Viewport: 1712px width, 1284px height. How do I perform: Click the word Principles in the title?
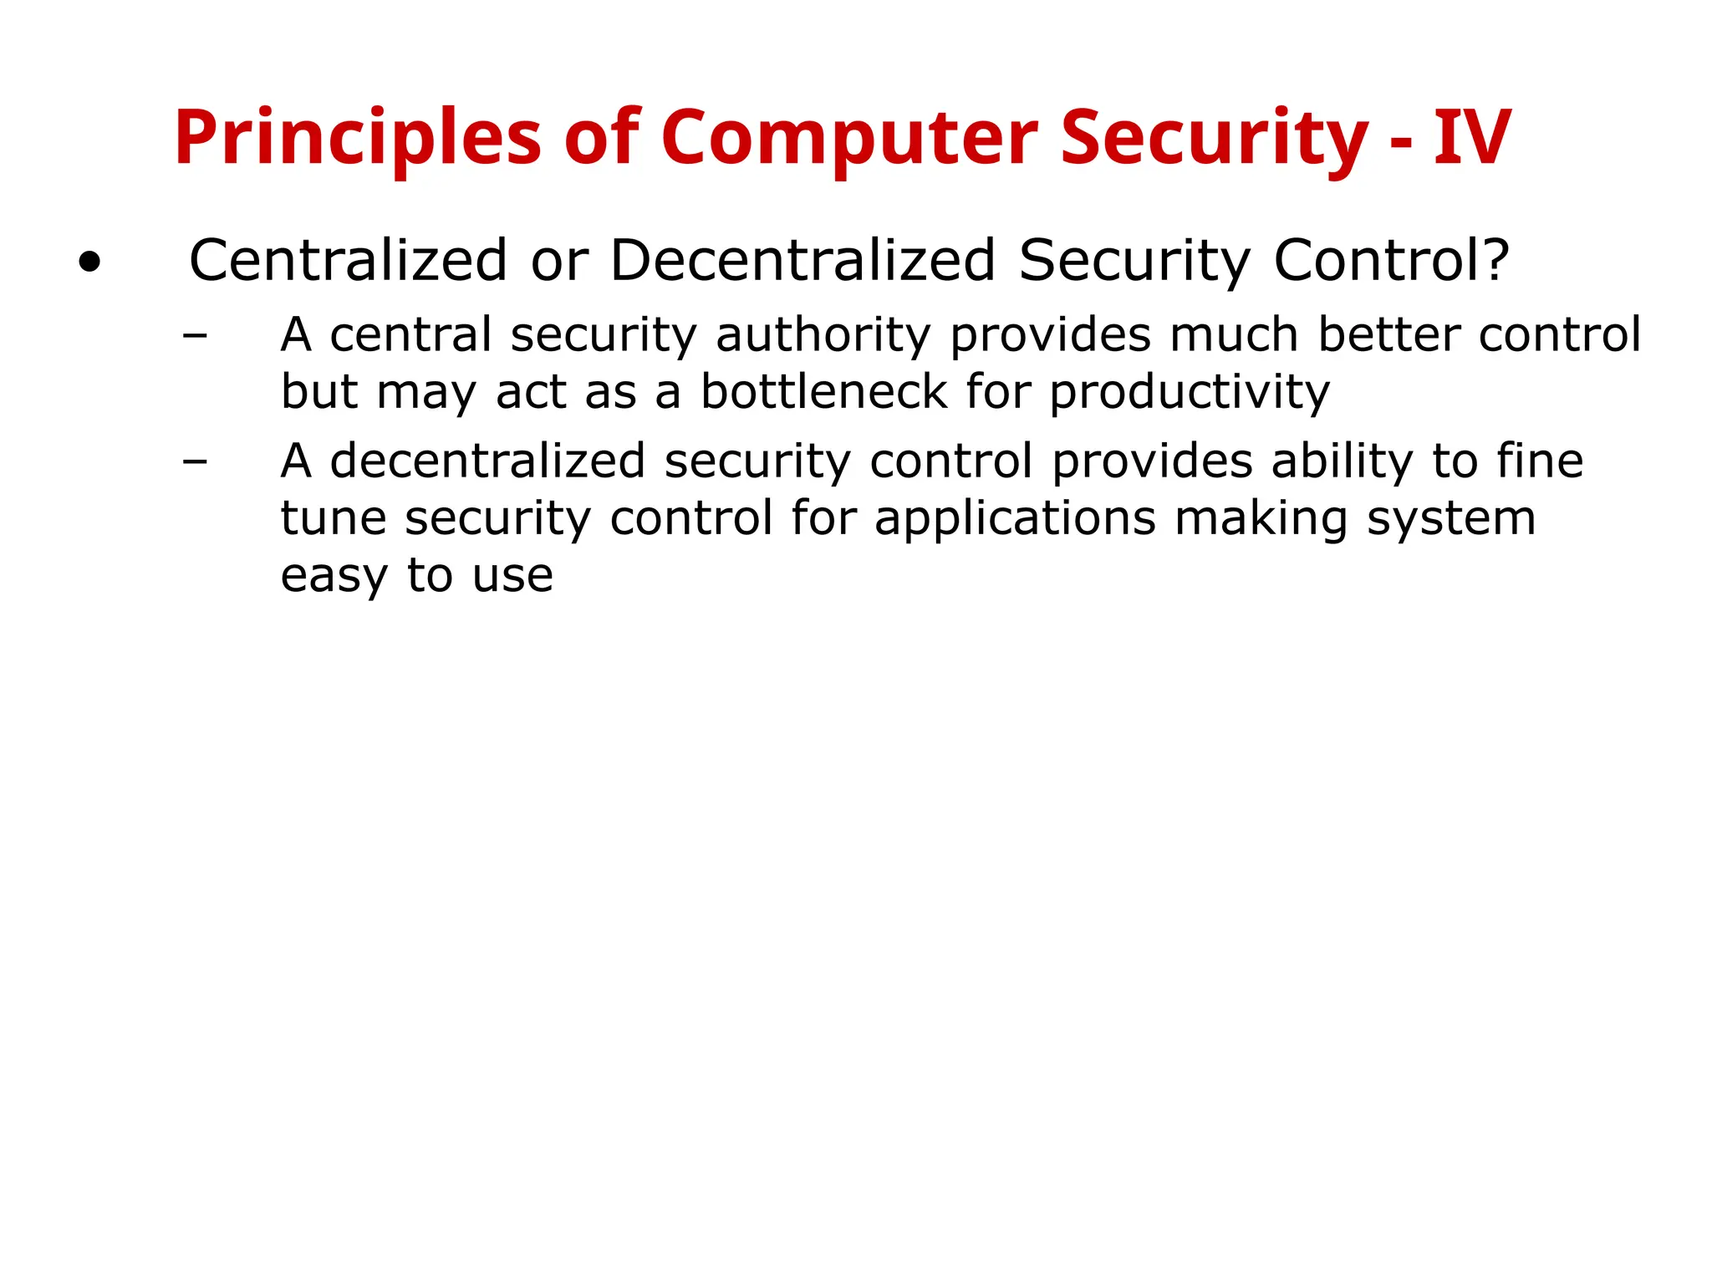358,139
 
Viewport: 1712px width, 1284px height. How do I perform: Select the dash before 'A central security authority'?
195,336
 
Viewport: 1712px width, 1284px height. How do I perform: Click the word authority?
823,336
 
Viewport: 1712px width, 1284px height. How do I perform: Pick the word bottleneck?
823,392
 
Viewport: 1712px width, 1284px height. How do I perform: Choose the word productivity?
1189,393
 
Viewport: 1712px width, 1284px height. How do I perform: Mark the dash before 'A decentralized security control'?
195,461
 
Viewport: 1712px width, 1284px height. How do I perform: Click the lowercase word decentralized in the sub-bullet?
487,461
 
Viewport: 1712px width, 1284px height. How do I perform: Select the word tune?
333,518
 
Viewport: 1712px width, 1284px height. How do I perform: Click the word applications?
1015,519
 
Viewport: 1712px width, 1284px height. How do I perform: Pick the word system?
1451,519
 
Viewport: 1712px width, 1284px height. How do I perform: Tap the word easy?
334,576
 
